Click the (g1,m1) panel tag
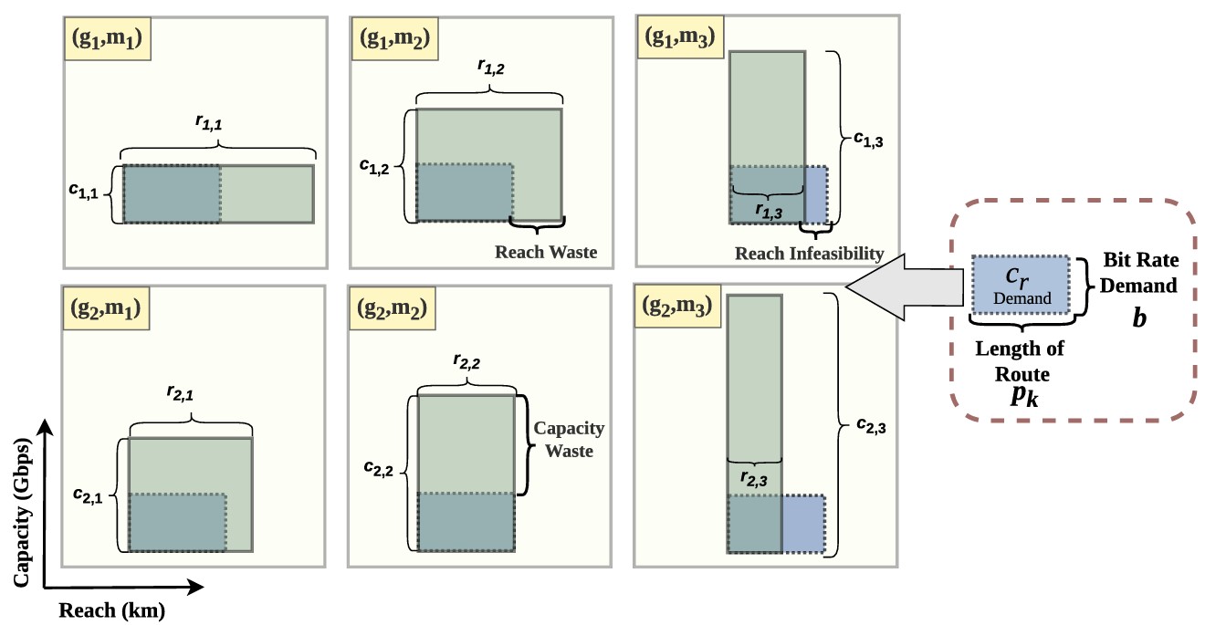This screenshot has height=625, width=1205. click(x=107, y=38)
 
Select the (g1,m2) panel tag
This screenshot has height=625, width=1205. click(x=395, y=38)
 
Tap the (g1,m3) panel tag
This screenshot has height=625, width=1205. click(x=680, y=36)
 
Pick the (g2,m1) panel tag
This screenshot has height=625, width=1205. click(x=106, y=308)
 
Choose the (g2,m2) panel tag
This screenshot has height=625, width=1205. click(x=393, y=308)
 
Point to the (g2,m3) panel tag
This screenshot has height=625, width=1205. click(x=677, y=306)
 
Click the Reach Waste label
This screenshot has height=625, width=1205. click(x=546, y=252)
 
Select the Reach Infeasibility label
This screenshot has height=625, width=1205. click(x=809, y=254)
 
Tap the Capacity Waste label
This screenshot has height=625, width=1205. click(x=569, y=440)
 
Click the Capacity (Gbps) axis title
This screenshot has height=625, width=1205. click(x=22, y=513)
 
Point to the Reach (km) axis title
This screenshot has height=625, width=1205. click(x=112, y=610)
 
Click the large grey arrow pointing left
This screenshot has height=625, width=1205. click(x=905, y=286)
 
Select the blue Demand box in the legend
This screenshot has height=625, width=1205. click(x=1021, y=285)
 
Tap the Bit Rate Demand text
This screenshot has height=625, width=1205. click(x=1139, y=273)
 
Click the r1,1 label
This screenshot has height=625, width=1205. click(x=209, y=123)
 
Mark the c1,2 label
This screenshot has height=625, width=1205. click(x=374, y=167)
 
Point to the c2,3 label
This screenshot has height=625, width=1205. click(x=872, y=426)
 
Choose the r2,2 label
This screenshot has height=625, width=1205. click(x=466, y=362)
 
